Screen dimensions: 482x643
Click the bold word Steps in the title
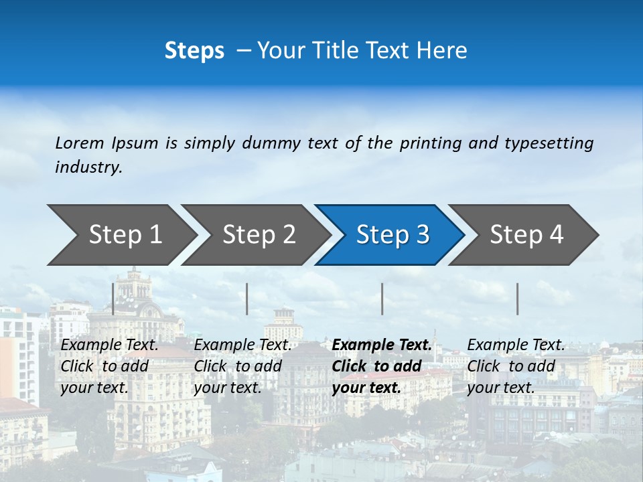tap(194, 51)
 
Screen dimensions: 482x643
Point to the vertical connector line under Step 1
tap(113, 299)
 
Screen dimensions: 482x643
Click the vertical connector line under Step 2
tap(247, 299)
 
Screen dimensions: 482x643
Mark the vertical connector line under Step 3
tap(382, 299)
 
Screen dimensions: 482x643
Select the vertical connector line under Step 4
tap(518, 299)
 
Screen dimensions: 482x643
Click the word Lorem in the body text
tap(79, 143)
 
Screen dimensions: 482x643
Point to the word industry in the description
tap(88, 167)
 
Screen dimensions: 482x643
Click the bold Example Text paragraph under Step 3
tap(381, 366)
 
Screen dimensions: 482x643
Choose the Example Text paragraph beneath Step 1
tap(109, 366)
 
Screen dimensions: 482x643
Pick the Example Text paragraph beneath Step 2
tap(242, 366)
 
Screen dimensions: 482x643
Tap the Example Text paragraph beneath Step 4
tap(516, 366)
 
